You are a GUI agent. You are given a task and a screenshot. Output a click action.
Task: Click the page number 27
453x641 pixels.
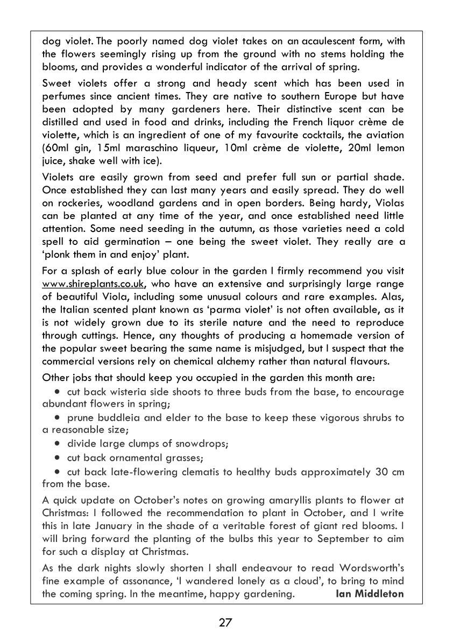coord(225,623)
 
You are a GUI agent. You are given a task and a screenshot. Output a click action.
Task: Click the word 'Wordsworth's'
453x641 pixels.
coord(374,568)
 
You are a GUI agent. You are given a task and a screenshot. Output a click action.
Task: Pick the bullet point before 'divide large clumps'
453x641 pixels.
coord(57,444)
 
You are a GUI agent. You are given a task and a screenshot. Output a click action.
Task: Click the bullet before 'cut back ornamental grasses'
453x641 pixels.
coord(57,459)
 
